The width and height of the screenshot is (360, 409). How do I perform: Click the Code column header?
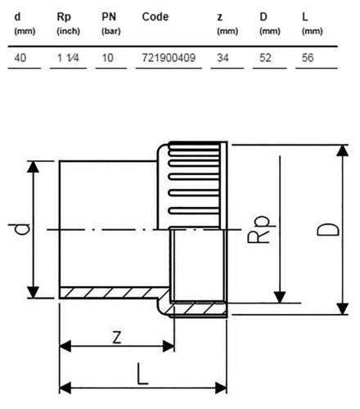click(155, 17)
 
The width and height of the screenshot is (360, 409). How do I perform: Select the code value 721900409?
click(169, 58)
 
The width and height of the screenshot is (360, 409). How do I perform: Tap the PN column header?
click(109, 17)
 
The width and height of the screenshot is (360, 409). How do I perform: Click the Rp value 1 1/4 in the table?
click(68, 58)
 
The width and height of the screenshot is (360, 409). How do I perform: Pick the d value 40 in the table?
click(20, 58)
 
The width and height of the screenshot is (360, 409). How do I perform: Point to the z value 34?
click(223, 58)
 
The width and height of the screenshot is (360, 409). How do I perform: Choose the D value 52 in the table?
click(265, 58)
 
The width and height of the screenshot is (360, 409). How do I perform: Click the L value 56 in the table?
click(308, 58)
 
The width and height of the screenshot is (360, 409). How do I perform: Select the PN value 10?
click(107, 58)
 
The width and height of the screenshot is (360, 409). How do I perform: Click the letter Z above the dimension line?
click(117, 338)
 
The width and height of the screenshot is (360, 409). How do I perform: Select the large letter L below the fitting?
click(142, 374)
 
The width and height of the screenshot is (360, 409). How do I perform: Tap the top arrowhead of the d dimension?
click(33, 167)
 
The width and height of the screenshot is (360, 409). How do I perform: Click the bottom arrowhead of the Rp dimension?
click(280, 297)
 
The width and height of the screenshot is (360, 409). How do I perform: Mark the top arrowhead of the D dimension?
click(343, 151)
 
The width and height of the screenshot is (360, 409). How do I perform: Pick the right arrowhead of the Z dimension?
click(169, 346)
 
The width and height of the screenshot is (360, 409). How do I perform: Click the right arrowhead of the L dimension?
click(221, 388)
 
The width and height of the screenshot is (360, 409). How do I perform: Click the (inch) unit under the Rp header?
click(68, 31)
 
